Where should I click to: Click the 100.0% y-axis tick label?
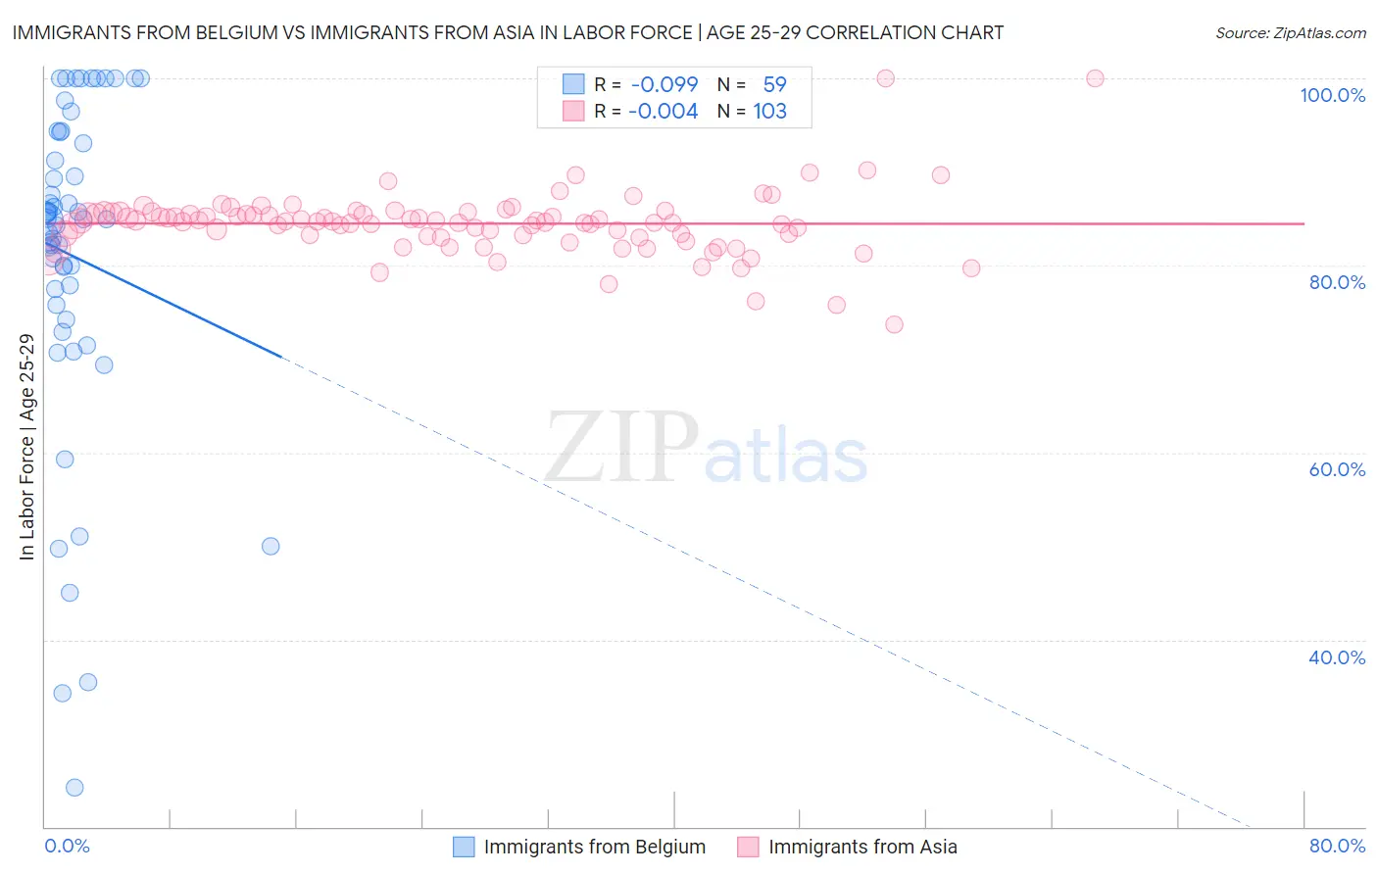coord(1332,95)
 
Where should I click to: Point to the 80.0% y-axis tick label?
coord(1337,282)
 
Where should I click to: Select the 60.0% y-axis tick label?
coord(1337,469)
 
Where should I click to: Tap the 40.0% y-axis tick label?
coord(1337,657)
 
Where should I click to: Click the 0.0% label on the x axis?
coord(67,846)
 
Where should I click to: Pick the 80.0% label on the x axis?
coord(1337,846)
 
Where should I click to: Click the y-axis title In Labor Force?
coord(26,447)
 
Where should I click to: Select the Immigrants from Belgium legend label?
coord(594,847)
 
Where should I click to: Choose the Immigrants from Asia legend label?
coord(862,847)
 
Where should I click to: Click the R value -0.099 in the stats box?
coord(664,84)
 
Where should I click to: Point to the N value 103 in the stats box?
coord(769,111)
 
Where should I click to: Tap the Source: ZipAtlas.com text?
coord(1290,32)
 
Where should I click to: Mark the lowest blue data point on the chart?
coord(74,788)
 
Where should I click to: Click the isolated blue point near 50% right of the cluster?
coord(271,547)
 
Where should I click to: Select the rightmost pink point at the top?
coord(1095,78)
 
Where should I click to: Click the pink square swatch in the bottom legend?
coord(748,847)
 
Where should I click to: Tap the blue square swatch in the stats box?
coord(573,84)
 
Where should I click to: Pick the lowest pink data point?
coord(894,324)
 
